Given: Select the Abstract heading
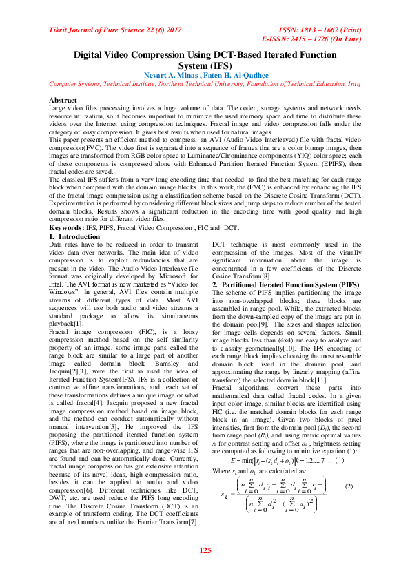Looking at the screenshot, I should click(64, 99).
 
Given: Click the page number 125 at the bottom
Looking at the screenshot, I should click(205, 550).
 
